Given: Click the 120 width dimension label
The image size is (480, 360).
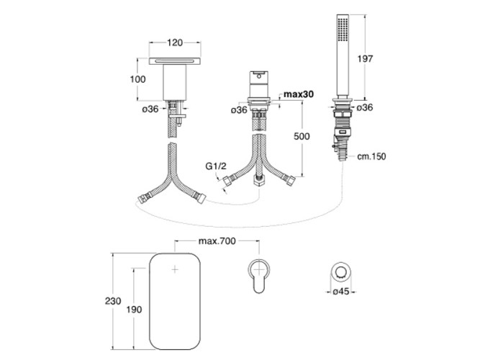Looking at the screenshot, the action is (x=175, y=42).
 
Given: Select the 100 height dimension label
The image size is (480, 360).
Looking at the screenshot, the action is (x=137, y=79).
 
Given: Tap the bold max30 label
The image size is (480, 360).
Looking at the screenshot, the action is (x=299, y=94).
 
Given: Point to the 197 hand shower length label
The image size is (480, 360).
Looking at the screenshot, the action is (x=365, y=58).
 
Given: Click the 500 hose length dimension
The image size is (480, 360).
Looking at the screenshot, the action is (x=302, y=136).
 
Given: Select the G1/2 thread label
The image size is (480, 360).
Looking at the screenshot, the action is (x=216, y=166).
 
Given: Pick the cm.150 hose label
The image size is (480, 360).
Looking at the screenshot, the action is (x=371, y=156).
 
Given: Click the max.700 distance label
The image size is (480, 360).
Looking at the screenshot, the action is (x=217, y=241).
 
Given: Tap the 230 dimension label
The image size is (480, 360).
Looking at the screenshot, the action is (x=113, y=301).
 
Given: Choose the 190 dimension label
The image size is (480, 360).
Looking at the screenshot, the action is (x=134, y=310).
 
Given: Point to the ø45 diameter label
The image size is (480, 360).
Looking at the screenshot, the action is (x=340, y=292).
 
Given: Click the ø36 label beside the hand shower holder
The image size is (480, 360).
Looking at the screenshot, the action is (x=365, y=107).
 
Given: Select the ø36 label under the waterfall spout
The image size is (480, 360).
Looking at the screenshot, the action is (x=150, y=109).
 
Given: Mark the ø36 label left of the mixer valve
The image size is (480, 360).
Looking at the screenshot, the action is (x=239, y=110).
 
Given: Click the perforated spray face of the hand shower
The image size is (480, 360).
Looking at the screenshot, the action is (x=343, y=29).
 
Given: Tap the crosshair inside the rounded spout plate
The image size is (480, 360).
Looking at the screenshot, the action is (x=175, y=269).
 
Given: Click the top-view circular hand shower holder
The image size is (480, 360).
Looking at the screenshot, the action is (x=340, y=271).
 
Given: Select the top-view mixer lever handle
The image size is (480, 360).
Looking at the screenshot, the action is (x=259, y=276).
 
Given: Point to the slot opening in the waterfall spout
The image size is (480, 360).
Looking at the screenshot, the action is (x=175, y=61).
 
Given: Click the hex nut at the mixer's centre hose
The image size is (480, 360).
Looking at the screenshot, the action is (x=259, y=181).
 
